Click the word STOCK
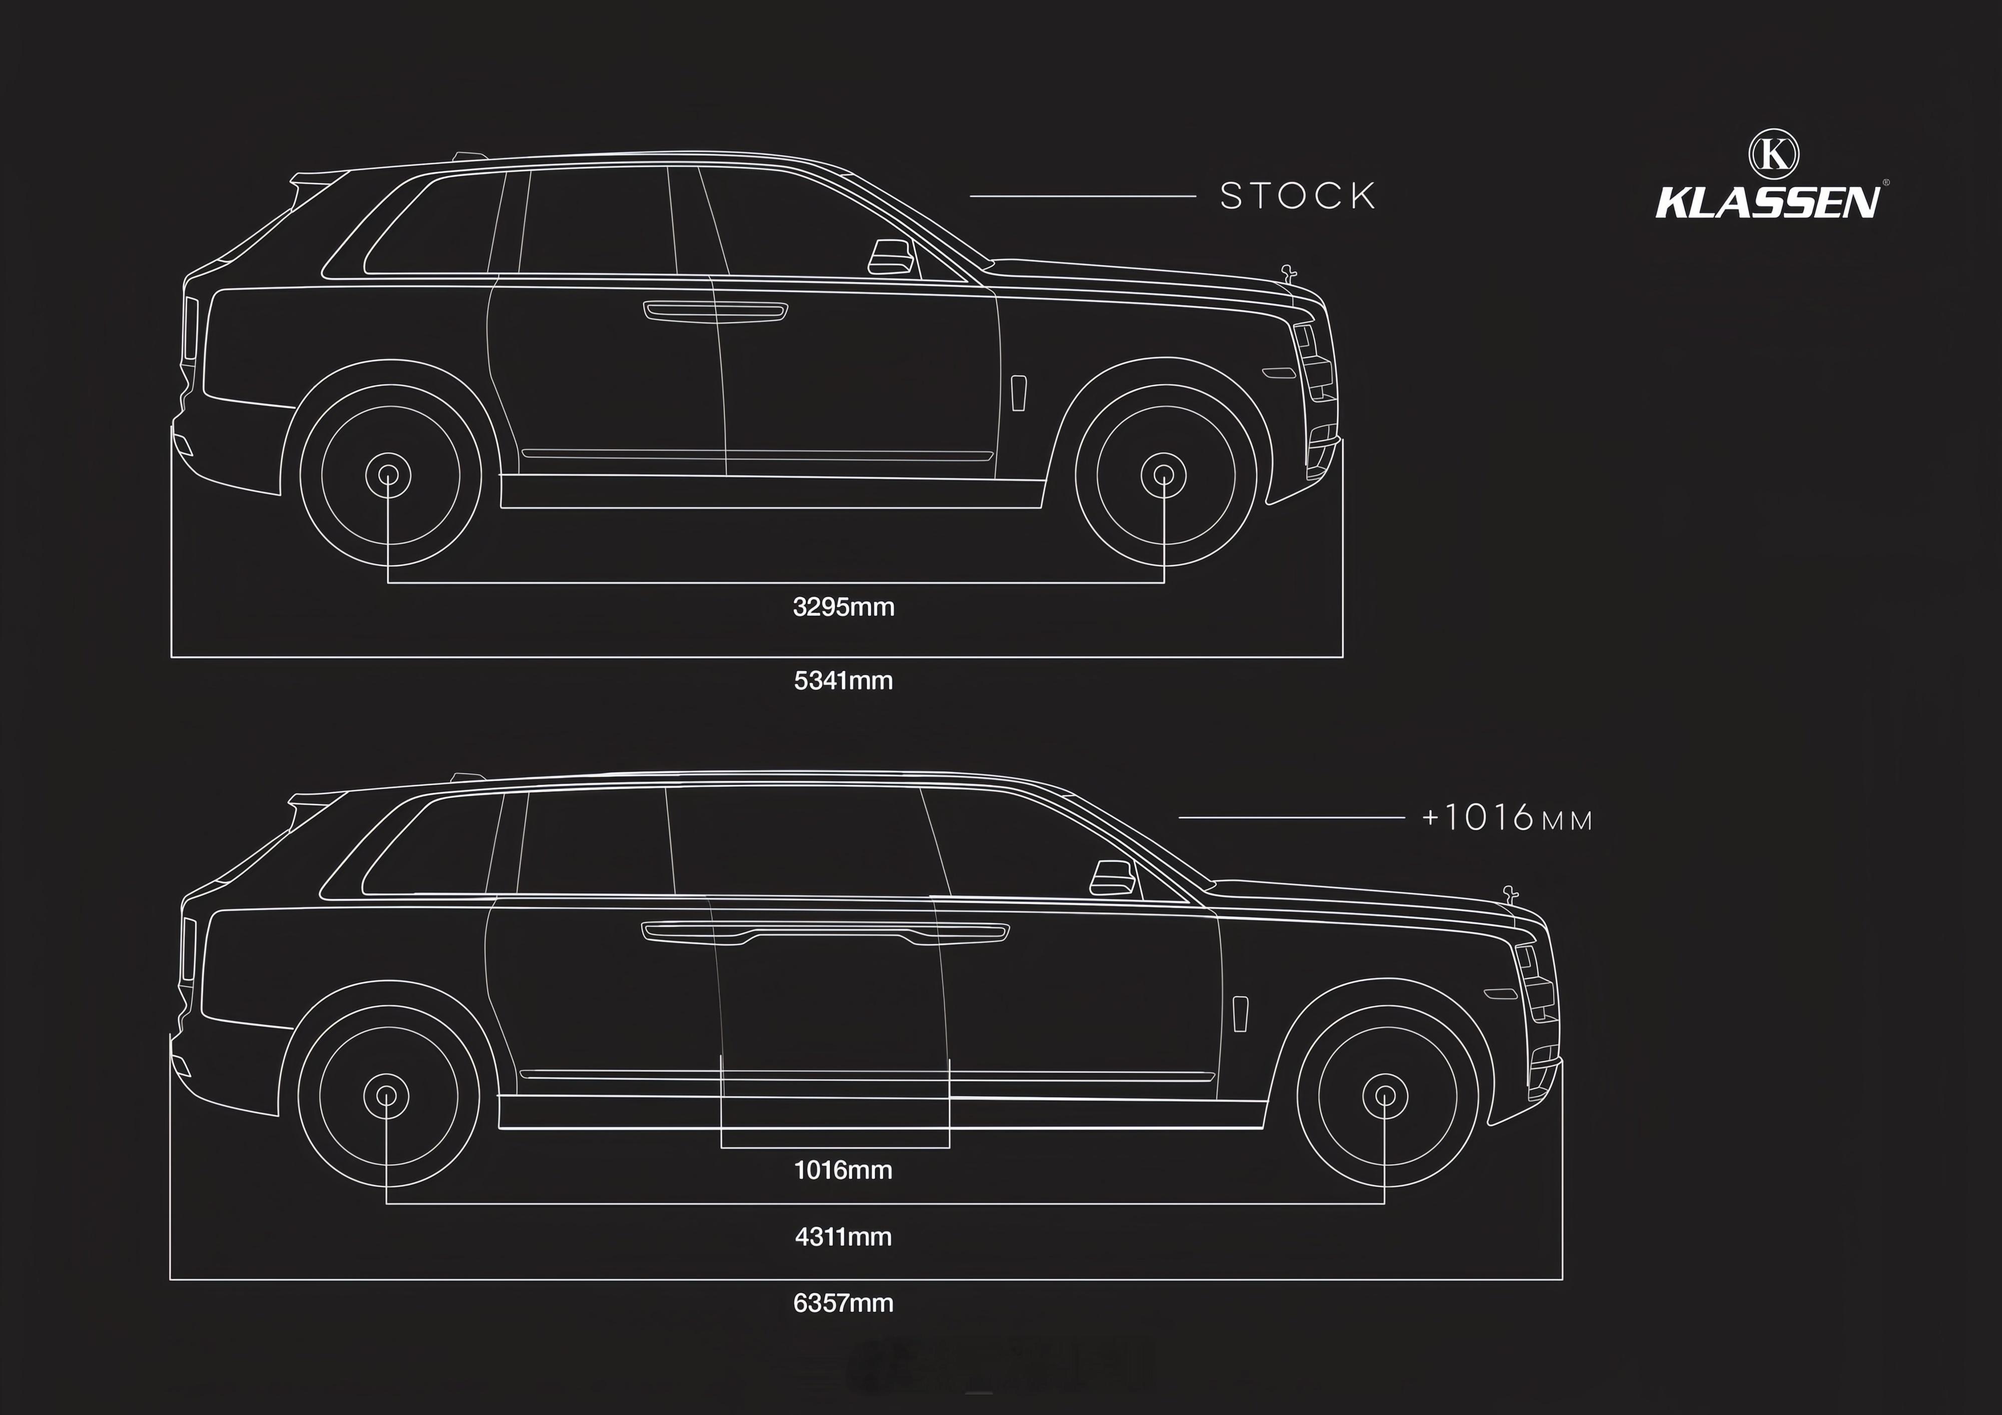click(x=1297, y=195)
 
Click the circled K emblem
click(x=1774, y=154)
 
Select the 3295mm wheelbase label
click(x=843, y=606)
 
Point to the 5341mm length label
click(x=843, y=680)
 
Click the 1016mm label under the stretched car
click(x=843, y=1170)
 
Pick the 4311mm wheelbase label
click(x=843, y=1236)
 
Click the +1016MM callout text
click(x=1507, y=818)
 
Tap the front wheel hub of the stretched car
click(x=1385, y=1095)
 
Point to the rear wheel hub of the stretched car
click(x=386, y=1095)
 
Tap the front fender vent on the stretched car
click(x=1240, y=1014)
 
